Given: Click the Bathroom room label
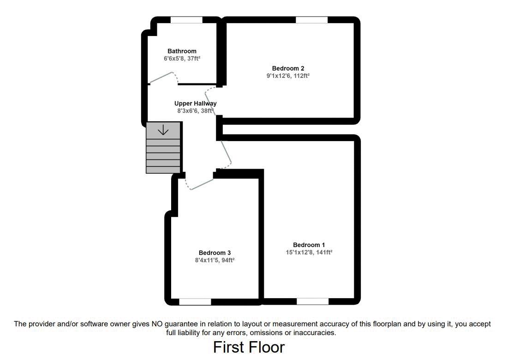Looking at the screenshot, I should point(182,51).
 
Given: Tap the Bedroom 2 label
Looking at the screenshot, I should point(288,68).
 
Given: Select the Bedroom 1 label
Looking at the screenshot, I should point(309,245).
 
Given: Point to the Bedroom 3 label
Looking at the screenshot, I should point(215,253).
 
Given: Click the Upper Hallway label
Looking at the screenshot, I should point(195,104).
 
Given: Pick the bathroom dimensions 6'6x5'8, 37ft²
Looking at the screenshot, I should point(182,59).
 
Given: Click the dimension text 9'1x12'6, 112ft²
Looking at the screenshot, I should point(288,76).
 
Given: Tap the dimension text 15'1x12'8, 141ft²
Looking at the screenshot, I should point(309,252).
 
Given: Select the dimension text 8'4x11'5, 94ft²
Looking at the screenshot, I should point(215,260).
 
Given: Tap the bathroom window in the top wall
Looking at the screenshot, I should point(186,20).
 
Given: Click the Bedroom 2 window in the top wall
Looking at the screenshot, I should point(311,20).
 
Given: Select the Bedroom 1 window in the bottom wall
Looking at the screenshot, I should point(312,301).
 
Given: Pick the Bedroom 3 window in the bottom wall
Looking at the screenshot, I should point(195,302).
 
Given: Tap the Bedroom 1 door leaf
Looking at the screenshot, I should point(226,152).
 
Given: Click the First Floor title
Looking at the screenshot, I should point(249,347).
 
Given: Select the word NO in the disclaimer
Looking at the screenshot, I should point(151,324).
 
